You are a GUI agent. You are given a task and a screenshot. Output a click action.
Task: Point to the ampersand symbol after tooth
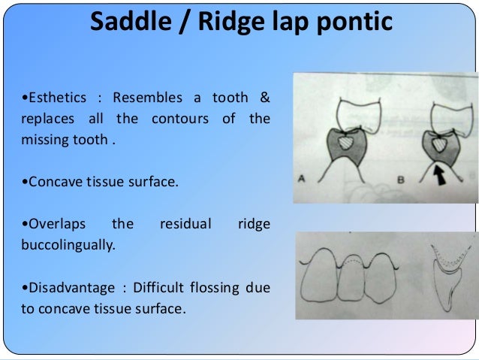[265, 99]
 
